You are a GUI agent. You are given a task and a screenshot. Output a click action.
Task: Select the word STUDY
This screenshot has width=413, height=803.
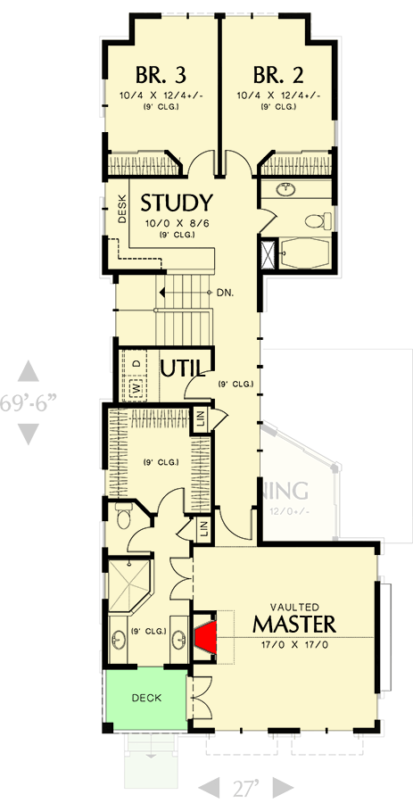(177, 203)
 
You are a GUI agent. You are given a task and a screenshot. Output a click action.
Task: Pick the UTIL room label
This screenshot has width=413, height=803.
(183, 368)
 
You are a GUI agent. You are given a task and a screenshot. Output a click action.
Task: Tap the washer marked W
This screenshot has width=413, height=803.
(136, 388)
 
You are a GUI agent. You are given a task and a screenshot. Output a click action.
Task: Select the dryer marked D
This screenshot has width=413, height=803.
(136, 363)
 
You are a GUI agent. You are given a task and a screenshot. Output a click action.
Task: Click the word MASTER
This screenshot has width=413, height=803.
(293, 622)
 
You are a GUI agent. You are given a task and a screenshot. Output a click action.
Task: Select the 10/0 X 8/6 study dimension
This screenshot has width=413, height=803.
(177, 223)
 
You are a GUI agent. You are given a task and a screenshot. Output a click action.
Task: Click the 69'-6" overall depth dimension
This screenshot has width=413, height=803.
(29, 401)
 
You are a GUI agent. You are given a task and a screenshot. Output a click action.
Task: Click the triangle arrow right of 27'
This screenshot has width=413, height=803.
(283, 788)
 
